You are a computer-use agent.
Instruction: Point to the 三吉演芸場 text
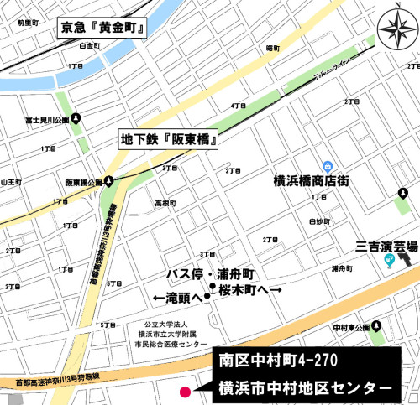coord(386,247)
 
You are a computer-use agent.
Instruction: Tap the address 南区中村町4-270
coord(268,361)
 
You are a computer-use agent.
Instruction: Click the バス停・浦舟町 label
coord(211,275)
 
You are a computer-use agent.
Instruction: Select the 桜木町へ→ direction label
coord(249,289)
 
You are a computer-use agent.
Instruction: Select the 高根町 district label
coord(165,204)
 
